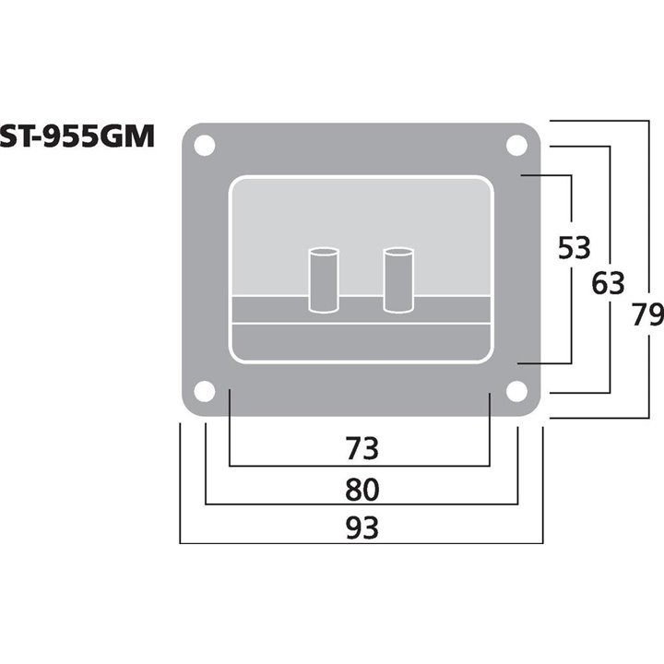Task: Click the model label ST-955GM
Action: [x=77, y=136]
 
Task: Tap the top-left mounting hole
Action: [x=205, y=146]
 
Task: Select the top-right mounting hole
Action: [x=517, y=146]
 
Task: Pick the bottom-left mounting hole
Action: [x=205, y=391]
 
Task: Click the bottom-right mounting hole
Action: [x=517, y=391]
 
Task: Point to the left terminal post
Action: [x=323, y=279]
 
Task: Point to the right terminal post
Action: [x=397, y=279]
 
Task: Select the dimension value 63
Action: [x=609, y=282]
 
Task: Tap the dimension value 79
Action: [x=647, y=315]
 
